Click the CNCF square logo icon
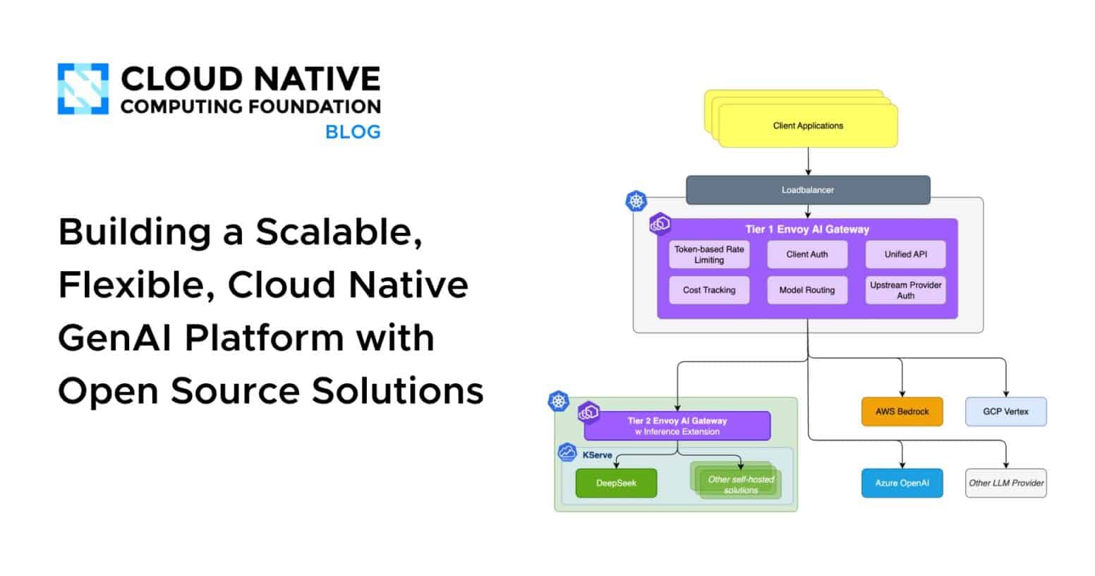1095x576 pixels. click(x=83, y=89)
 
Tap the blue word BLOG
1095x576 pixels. click(x=353, y=132)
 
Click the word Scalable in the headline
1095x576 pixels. click(x=339, y=232)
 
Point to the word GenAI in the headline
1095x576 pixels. click(x=114, y=337)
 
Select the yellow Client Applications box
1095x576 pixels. click(x=808, y=126)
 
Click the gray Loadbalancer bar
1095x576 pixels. click(x=808, y=190)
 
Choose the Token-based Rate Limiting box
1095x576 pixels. click(x=709, y=255)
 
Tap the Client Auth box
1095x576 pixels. click(x=807, y=255)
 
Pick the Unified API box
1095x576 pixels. click(x=905, y=255)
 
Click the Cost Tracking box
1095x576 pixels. click(x=709, y=290)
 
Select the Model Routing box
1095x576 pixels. click(x=807, y=290)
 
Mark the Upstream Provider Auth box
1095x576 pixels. click(x=905, y=290)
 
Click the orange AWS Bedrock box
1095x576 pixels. click(x=902, y=412)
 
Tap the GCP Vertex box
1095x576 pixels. click(x=1005, y=412)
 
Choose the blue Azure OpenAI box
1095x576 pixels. click(x=902, y=484)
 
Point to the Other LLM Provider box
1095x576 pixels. click(x=1005, y=484)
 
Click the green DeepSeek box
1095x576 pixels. click(x=616, y=484)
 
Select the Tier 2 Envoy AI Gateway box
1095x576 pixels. click(x=677, y=426)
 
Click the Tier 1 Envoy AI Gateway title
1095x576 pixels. click(x=807, y=229)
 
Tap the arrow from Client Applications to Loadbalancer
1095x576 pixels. click(x=808, y=162)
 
